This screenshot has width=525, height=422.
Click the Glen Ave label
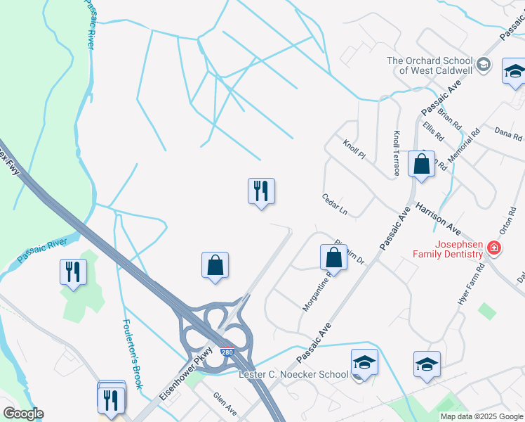click(x=225, y=404)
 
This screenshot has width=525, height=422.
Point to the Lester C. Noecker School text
click(x=294, y=374)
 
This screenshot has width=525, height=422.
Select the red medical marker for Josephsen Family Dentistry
click(x=494, y=248)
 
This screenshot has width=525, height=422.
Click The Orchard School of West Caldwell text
click(x=429, y=65)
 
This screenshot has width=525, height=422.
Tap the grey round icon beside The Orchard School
click(x=483, y=65)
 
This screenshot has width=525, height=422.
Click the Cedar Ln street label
click(x=335, y=204)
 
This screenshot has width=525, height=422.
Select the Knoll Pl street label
click(x=354, y=149)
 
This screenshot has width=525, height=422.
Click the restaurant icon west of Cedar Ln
click(x=261, y=191)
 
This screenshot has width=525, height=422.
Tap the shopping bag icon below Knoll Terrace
click(x=421, y=164)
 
